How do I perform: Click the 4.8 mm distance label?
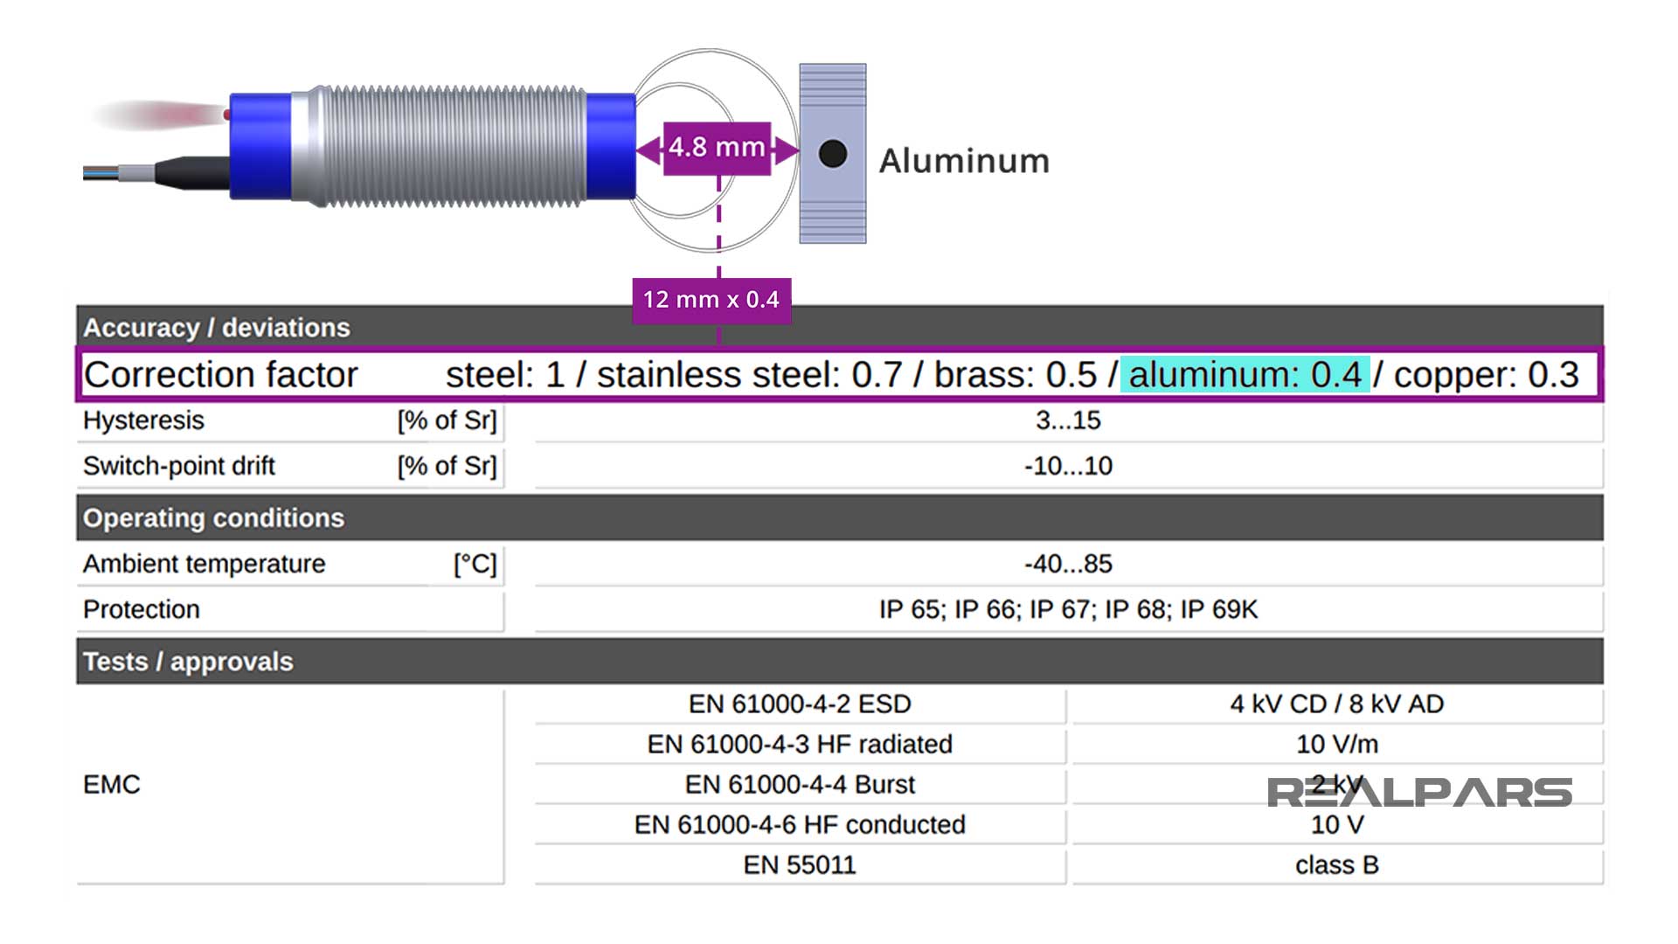(717, 148)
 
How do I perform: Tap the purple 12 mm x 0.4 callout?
(711, 300)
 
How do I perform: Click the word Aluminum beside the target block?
(964, 161)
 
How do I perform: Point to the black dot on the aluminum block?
(833, 154)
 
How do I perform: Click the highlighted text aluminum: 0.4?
(1245, 375)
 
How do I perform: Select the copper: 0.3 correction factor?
(1486, 375)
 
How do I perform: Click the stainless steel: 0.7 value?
(749, 375)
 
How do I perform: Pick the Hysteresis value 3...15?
(1068, 420)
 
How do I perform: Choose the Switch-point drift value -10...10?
(1068, 466)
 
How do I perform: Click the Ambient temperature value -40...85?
(1068, 564)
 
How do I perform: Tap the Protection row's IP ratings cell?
(1068, 609)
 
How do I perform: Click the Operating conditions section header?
(214, 518)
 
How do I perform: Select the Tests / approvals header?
(188, 662)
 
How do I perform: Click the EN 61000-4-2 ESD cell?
(800, 704)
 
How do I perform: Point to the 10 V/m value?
(1337, 744)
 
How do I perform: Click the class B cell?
(1337, 864)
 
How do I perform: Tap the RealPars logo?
(1419, 793)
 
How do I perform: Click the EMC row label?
(112, 784)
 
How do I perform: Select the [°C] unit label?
(475, 564)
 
